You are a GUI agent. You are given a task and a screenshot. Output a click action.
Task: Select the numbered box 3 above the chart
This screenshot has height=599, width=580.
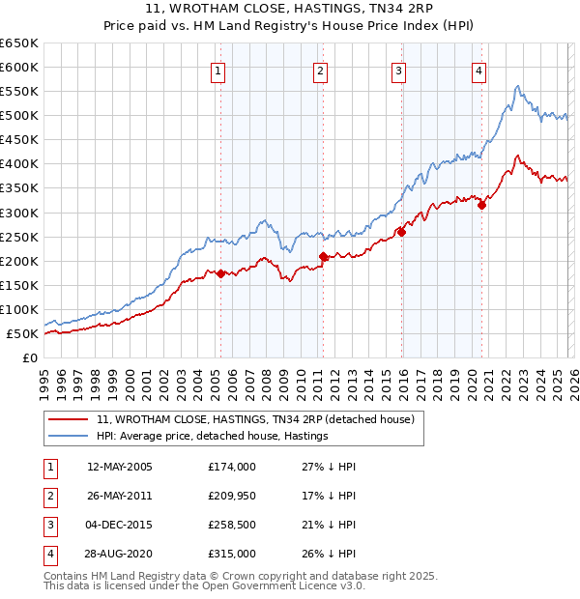tap(398, 71)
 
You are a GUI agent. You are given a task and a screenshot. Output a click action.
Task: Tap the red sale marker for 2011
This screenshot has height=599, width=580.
tap(323, 256)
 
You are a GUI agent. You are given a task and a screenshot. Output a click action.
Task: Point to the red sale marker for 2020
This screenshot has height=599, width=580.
tap(481, 205)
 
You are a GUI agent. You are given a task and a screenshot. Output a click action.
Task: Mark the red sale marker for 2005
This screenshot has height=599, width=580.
tap(220, 273)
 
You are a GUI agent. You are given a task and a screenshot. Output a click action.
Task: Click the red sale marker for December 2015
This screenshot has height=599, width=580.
tap(400, 232)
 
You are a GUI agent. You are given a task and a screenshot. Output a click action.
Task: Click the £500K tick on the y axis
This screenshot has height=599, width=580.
tap(19, 116)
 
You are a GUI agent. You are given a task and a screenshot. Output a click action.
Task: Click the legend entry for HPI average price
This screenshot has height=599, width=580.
tap(213, 436)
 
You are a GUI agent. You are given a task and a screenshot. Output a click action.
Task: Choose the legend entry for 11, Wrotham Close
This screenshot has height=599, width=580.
tap(255, 419)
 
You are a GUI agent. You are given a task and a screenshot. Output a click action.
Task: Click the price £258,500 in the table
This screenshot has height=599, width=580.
tap(232, 525)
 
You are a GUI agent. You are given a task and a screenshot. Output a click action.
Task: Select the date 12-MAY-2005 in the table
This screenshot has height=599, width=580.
tap(120, 467)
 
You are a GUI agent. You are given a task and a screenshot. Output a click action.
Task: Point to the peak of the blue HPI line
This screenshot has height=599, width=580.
tap(518, 86)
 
